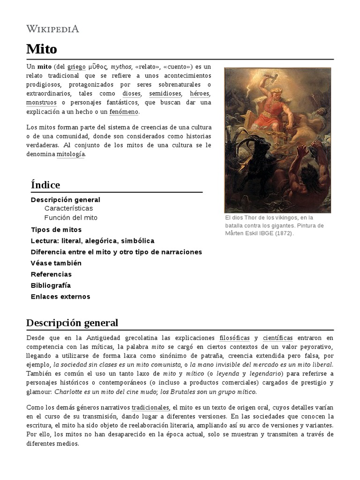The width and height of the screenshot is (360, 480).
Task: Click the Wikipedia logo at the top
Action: (x=52, y=29)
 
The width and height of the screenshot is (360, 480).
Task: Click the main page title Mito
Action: (x=42, y=49)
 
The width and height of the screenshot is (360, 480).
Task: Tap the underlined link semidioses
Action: (x=165, y=93)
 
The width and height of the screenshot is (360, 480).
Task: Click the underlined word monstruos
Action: (x=41, y=102)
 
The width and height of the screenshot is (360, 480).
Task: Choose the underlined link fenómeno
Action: (x=124, y=112)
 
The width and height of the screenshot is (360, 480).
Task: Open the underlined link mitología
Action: (x=71, y=154)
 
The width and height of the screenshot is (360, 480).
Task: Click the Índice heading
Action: (x=45, y=185)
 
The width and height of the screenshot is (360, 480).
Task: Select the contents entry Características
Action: (x=68, y=208)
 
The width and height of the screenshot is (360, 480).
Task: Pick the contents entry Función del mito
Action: (x=71, y=218)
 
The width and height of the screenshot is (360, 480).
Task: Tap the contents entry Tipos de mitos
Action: (x=56, y=230)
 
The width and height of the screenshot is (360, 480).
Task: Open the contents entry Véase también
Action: (x=56, y=263)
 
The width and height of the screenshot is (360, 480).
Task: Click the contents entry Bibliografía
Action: (x=51, y=285)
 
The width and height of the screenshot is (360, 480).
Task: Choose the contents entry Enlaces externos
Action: (x=60, y=296)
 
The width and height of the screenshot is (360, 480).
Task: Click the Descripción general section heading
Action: (x=72, y=322)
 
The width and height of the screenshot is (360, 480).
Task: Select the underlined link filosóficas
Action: (x=234, y=337)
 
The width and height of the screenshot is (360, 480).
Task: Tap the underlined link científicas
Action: (x=277, y=337)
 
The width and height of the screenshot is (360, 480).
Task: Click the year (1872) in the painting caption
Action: (x=284, y=233)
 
